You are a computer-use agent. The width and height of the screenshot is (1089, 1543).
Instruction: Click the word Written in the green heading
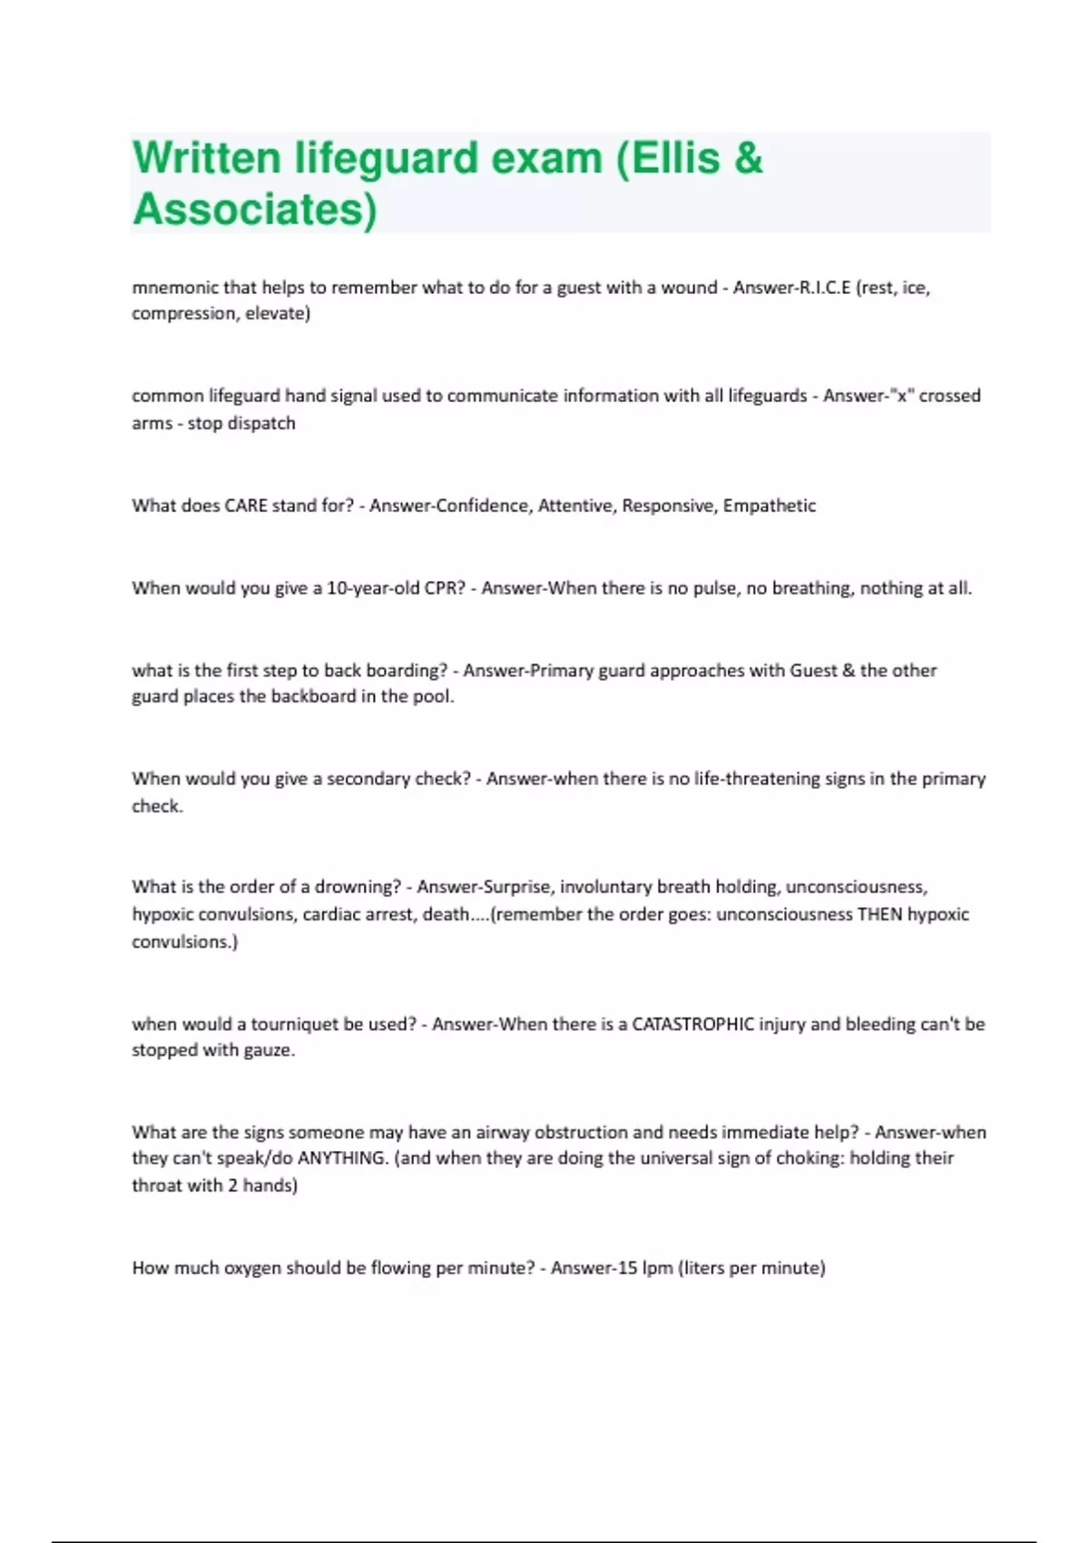(x=207, y=158)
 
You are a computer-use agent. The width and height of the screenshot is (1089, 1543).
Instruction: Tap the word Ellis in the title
(x=677, y=158)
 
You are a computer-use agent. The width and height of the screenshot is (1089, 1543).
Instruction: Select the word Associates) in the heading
(x=255, y=209)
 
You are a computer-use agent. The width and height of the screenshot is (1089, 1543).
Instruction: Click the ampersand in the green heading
(x=749, y=158)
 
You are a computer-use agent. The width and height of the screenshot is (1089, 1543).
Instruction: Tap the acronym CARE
(x=245, y=506)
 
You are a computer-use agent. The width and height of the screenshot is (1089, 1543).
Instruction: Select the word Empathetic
(x=769, y=506)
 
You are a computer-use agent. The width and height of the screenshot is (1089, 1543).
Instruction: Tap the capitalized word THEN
(x=879, y=914)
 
